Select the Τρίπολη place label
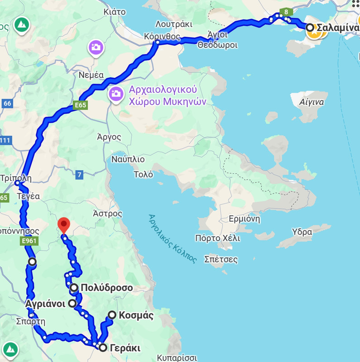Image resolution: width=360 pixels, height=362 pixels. point(16,177)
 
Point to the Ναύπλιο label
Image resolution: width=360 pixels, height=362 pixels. point(128,159)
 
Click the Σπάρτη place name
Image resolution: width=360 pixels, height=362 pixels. point(30,322)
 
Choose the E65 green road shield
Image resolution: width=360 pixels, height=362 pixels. point(81,105)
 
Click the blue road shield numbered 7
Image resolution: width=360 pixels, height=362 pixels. point(80,175)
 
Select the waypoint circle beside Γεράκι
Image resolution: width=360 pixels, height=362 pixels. point(103,348)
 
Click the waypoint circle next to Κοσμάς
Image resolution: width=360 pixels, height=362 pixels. point(112,315)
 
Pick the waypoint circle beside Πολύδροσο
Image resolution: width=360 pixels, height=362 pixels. point(74,287)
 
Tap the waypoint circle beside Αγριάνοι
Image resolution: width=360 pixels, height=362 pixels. point(72,303)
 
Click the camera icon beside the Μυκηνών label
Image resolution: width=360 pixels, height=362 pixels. point(115,94)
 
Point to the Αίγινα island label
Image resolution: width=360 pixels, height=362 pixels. point(312,102)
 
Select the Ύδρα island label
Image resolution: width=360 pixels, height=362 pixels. point(302,232)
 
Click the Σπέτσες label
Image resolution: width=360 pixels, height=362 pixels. point(221,259)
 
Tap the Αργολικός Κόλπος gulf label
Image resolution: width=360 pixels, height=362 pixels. point(173,238)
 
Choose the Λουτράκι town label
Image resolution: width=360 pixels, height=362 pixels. point(174,24)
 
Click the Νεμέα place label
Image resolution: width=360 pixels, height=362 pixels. point(91,75)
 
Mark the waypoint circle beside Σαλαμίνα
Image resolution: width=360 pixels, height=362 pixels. point(310,28)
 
